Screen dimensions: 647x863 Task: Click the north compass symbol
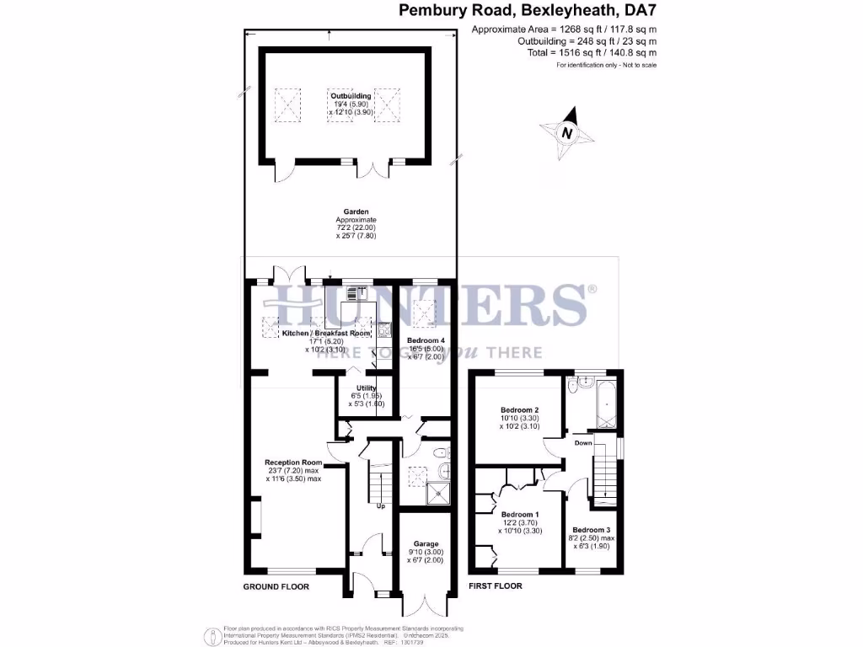click(x=567, y=133)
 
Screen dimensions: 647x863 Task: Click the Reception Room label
click(x=293, y=463)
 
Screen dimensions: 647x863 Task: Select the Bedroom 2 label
click(x=519, y=410)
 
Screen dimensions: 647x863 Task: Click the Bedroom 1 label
click(x=519, y=514)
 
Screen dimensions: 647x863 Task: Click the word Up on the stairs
click(x=381, y=506)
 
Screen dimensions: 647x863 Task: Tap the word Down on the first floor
click(x=583, y=442)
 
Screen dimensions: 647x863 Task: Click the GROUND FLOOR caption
click(x=276, y=586)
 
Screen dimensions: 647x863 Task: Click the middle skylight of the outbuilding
click(x=338, y=106)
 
